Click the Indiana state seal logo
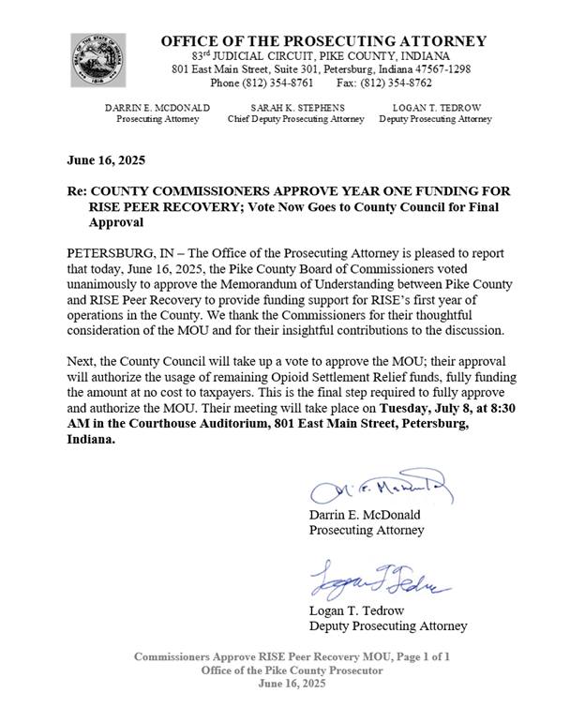(97, 59)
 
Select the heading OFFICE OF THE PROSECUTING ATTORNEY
(323, 40)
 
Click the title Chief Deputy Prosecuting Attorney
(296, 119)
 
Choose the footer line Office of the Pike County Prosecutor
(292, 670)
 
